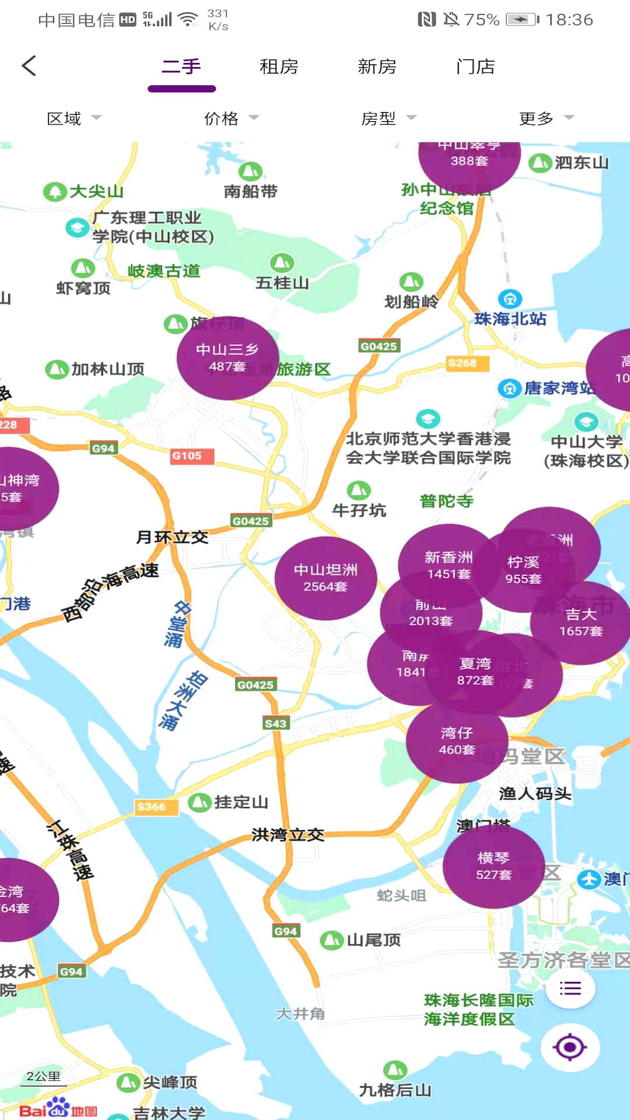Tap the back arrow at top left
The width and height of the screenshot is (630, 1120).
29,66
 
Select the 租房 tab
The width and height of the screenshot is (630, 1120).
279,66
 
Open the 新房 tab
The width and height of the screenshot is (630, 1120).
377,66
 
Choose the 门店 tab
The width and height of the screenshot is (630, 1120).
475,66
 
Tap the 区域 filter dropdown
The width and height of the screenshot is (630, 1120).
73,118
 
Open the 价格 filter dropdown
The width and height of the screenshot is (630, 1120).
231,118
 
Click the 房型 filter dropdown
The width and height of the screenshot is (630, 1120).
388,118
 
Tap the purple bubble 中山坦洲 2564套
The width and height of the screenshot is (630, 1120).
325,578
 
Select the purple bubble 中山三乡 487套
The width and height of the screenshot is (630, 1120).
227,358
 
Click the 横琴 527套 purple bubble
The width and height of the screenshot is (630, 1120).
493,866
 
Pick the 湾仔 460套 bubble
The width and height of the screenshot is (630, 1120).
456,741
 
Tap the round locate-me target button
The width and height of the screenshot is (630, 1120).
569,1047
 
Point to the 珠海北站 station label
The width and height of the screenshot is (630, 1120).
510,318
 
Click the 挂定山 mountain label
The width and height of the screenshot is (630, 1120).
240,802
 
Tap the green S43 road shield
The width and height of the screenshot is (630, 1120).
275,723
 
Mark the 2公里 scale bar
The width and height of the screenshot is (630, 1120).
43,1078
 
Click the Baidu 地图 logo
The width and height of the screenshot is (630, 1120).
57,1109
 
